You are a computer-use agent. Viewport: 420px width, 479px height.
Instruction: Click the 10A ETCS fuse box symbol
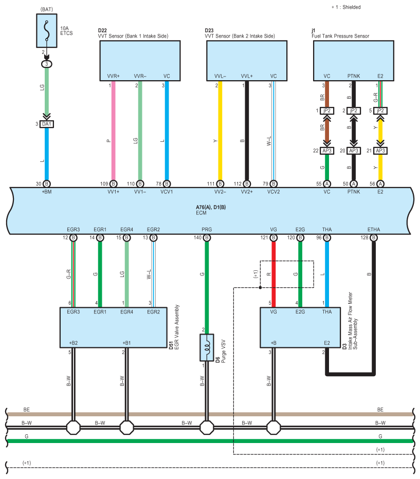point(47,30)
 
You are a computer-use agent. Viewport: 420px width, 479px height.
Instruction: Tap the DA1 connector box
point(47,124)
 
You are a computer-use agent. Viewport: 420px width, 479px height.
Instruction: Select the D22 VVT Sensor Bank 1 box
point(140,61)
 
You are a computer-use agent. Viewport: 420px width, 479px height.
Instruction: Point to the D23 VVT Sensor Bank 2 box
point(247,61)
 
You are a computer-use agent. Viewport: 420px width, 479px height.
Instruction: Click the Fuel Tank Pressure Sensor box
point(353,61)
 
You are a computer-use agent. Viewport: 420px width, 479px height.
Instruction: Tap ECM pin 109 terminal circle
point(113,184)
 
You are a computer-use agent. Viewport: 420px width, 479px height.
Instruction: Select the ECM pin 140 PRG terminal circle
point(207,237)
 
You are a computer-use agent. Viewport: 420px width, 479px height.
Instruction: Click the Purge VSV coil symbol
point(207,347)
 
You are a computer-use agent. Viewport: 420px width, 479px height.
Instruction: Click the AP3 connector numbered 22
point(327,151)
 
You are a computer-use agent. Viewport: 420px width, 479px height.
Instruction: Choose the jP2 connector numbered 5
point(380,110)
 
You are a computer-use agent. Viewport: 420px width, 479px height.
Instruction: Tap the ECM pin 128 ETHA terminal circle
point(374,237)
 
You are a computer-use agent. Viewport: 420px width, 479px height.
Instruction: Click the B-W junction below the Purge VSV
point(207,428)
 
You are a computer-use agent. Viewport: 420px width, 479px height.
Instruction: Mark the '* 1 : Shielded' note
point(346,7)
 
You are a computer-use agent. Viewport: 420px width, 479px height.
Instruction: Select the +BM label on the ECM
point(47,192)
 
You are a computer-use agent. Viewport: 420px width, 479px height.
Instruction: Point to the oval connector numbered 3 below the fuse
point(47,64)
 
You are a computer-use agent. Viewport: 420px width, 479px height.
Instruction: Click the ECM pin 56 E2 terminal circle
point(380,184)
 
